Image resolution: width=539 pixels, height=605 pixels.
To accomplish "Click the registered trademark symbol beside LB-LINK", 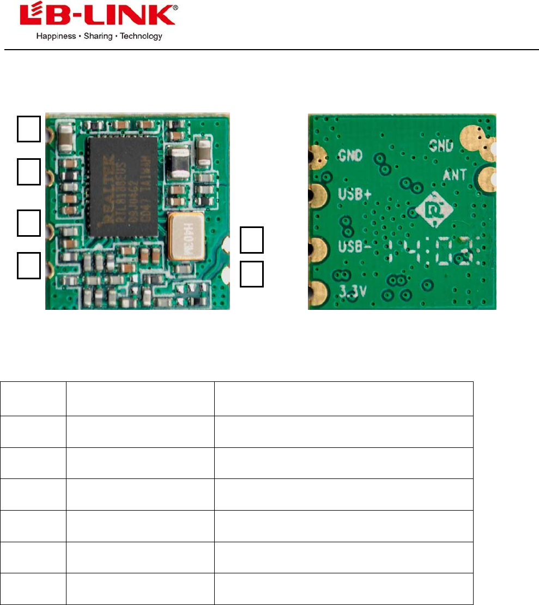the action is coord(174,8).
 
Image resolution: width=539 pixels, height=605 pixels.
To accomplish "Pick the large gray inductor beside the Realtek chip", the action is coord(180,161).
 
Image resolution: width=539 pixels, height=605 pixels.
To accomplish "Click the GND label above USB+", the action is coord(349,155).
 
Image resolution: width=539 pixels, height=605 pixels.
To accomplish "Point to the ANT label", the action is coord(456,175).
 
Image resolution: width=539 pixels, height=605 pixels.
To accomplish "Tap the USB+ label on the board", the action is coord(352,195).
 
